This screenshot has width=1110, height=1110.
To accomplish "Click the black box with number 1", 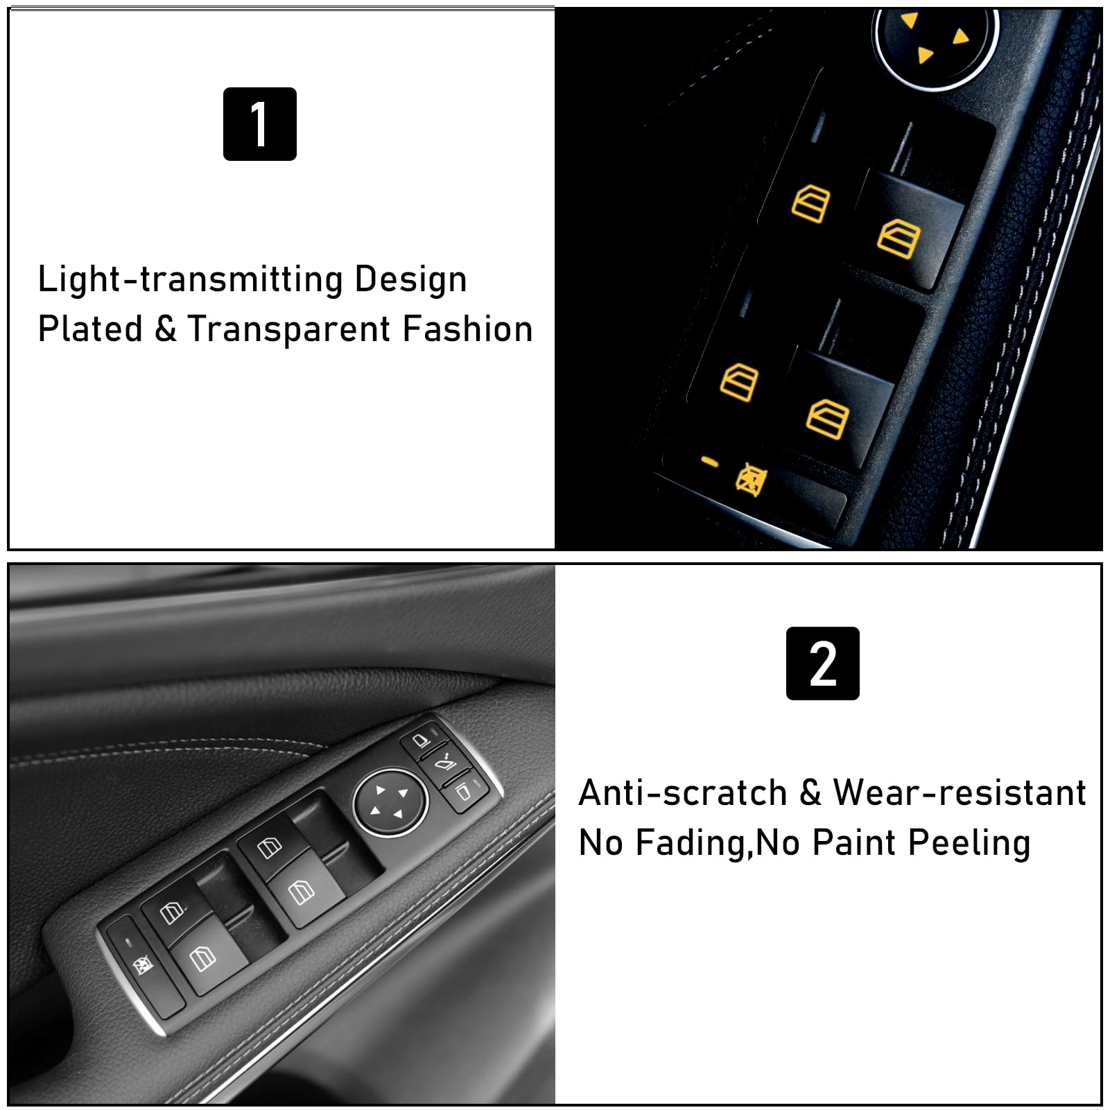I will [x=259, y=124].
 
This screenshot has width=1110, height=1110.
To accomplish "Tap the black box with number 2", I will [x=822, y=664].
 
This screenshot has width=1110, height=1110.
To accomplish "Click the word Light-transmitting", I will [x=190, y=279].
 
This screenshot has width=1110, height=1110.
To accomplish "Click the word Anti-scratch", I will [x=683, y=792].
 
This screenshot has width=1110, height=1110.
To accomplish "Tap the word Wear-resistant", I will [x=960, y=792].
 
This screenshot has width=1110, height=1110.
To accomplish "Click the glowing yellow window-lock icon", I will [x=751, y=478].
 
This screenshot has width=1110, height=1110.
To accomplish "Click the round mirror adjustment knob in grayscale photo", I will [x=390, y=803].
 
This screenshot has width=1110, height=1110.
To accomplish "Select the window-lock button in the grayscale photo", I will [x=143, y=964].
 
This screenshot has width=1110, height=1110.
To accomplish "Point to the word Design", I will [x=410, y=279].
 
